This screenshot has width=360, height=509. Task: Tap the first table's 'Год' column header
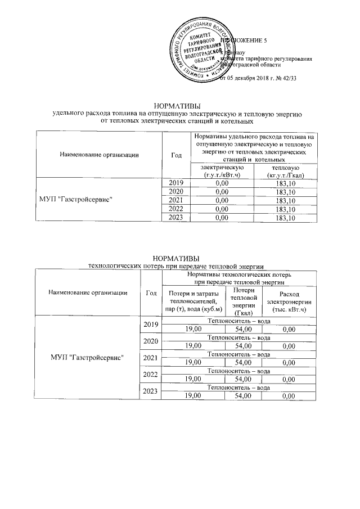coord(175,154)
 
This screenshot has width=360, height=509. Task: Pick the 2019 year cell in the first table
coord(176,182)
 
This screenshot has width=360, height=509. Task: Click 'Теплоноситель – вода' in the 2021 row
coord(238,354)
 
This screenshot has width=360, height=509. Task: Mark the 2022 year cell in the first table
coord(176,209)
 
